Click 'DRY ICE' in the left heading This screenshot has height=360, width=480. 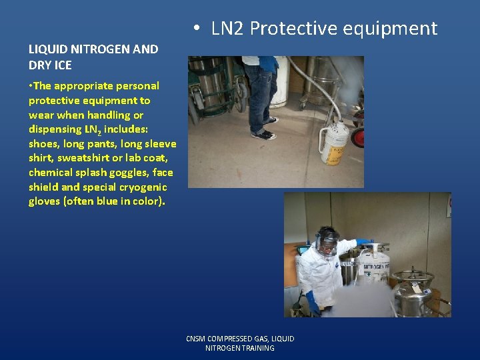point(50,65)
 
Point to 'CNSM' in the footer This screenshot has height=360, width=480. point(197,339)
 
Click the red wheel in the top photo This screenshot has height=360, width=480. point(358,137)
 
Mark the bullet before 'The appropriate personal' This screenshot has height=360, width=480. point(31,86)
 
